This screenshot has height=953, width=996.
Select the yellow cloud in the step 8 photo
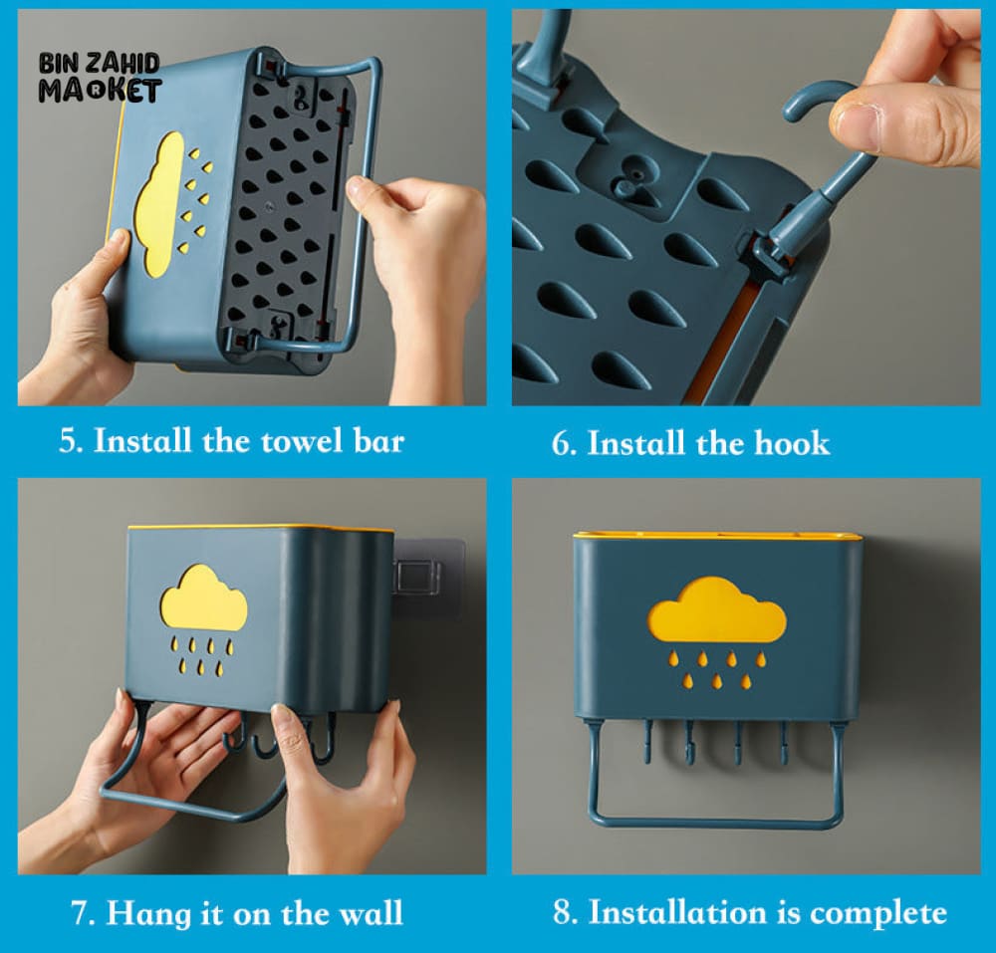point(716,609)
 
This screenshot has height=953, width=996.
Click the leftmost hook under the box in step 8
point(647,742)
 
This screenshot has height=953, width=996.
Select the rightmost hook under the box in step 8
point(784,742)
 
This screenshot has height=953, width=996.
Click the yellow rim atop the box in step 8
point(716,536)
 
